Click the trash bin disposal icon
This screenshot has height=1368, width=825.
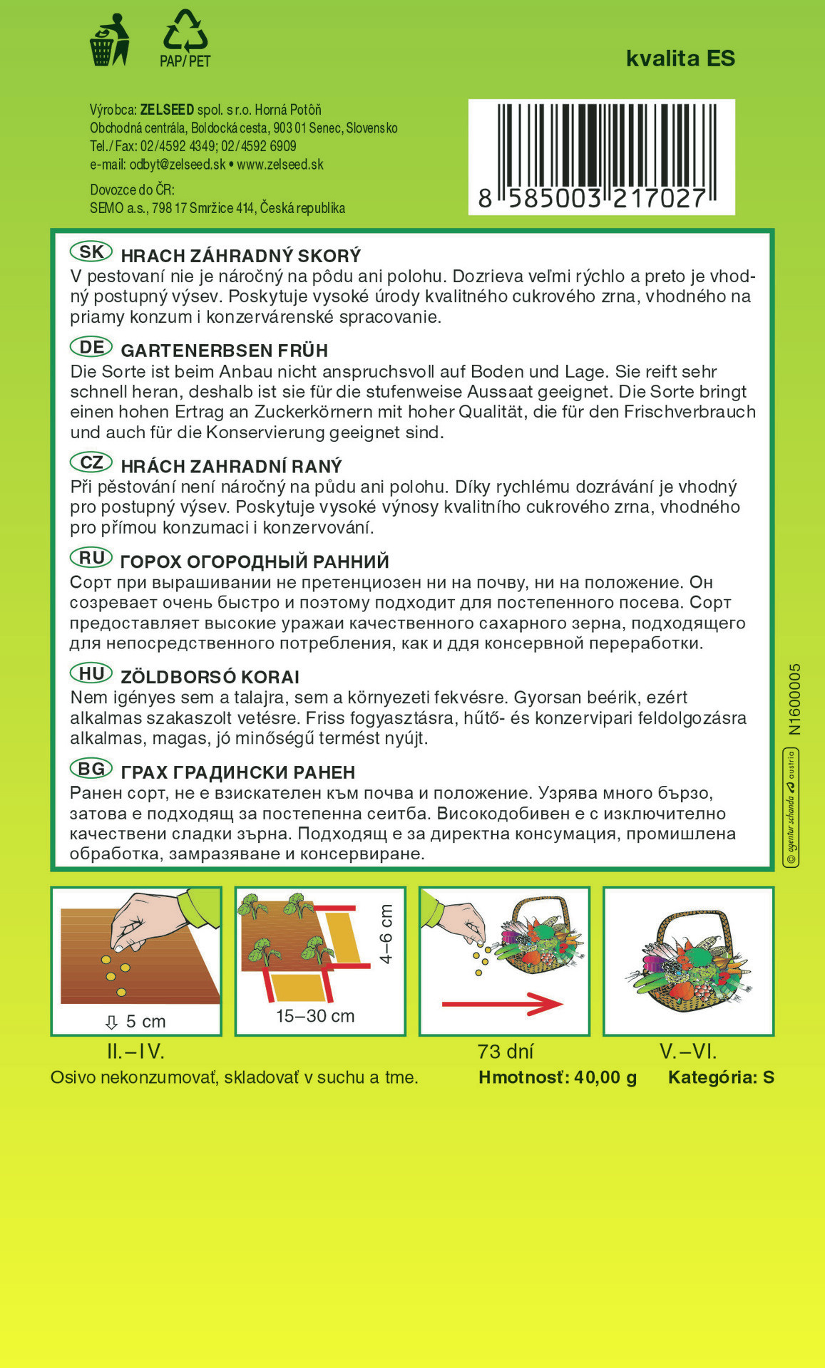pyautogui.click(x=109, y=41)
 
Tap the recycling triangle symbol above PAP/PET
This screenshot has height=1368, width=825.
pyautogui.click(x=185, y=30)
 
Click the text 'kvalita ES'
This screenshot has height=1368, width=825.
pyautogui.click(x=680, y=58)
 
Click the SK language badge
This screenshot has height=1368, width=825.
pyautogui.click(x=91, y=252)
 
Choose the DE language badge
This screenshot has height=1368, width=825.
pyautogui.click(x=91, y=347)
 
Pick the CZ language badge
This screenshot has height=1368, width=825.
pyautogui.click(x=91, y=462)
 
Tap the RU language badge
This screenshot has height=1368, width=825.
pyautogui.click(x=91, y=558)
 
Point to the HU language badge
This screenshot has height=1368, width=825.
pyautogui.click(x=91, y=673)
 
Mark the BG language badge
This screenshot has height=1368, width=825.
pyautogui.click(x=91, y=769)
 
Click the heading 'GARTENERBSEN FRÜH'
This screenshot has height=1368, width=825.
pyautogui.click(x=225, y=351)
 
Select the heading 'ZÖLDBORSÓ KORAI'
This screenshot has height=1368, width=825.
pyautogui.click(x=210, y=677)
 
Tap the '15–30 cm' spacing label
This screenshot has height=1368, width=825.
pyautogui.click(x=315, y=1016)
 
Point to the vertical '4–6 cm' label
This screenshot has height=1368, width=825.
pyautogui.click(x=386, y=934)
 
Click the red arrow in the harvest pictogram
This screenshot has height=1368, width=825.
pyautogui.click(x=503, y=1004)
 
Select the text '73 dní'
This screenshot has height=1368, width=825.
pyautogui.click(x=506, y=1052)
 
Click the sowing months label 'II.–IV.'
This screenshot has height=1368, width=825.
pyautogui.click(x=135, y=1052)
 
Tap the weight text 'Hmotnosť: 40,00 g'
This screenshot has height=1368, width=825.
pyautogui.click(x=558, y=1077)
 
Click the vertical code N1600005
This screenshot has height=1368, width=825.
pyautogui.click(x=795, y=699)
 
